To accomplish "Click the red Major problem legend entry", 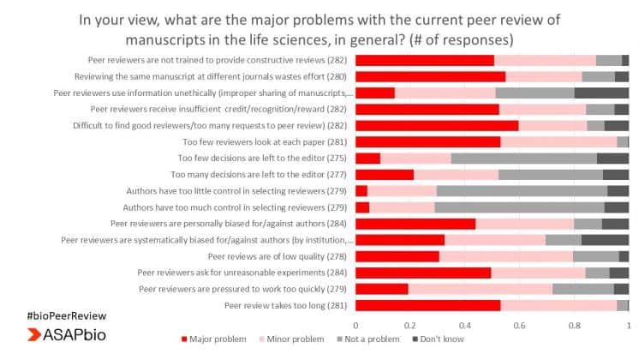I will point(215,339).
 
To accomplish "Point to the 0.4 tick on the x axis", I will point(465,325).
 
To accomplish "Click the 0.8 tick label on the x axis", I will point(574,325).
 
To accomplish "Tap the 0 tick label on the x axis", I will point(355,325).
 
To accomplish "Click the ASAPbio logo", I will point(59,334).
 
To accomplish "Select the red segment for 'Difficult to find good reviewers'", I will point(437,125).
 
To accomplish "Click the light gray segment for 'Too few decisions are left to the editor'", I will point(523,158).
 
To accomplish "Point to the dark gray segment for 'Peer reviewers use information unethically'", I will point(601,93).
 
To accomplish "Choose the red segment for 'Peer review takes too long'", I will point(427,305).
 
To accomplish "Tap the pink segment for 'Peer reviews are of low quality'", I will point(505,256).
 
